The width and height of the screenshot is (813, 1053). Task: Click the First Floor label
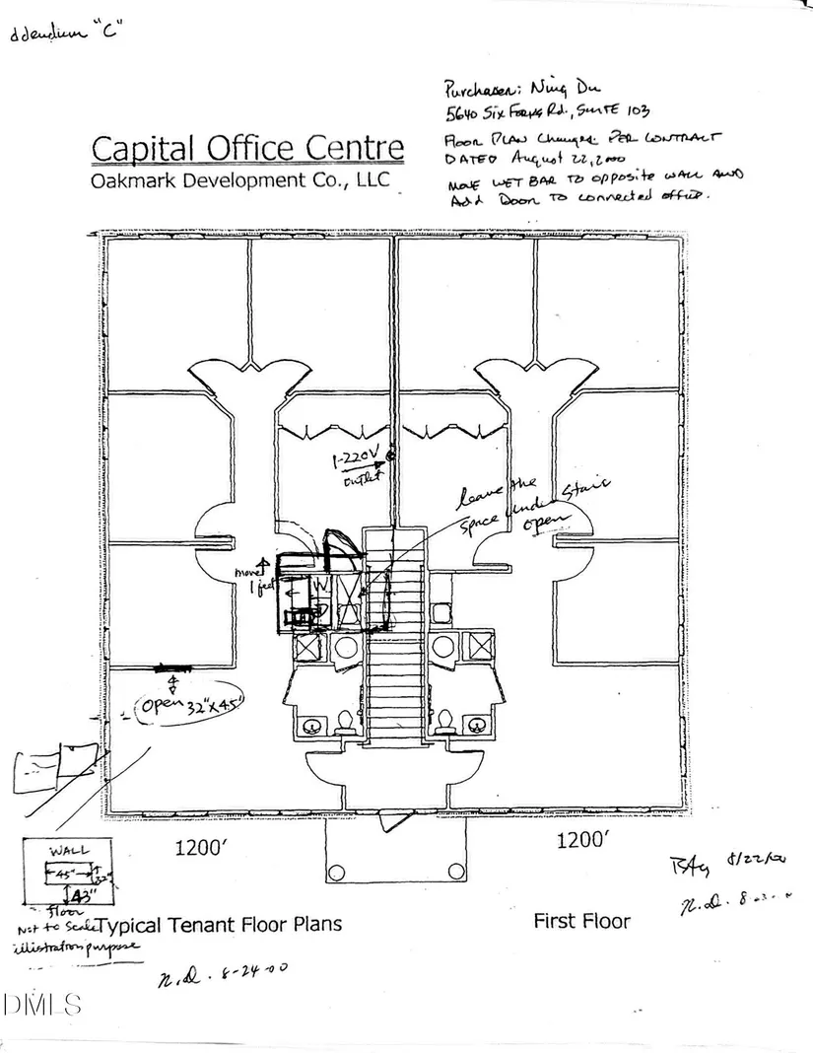581,921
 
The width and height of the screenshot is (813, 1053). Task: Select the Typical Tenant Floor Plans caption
223,924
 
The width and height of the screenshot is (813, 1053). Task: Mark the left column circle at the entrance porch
336,873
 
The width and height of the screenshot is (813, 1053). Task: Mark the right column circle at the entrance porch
453,873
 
